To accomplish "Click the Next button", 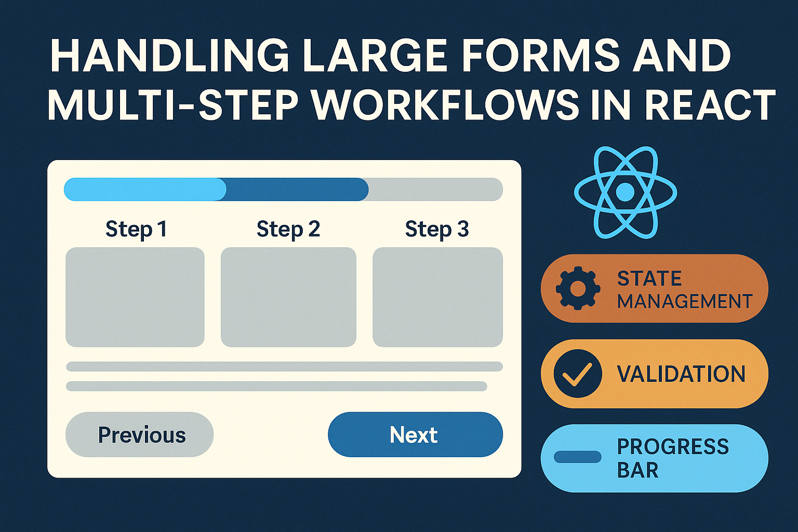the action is pos(416,434).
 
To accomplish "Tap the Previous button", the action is pos(140,434).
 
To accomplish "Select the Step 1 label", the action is pos(136,229).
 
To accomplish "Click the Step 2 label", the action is pos(288,229).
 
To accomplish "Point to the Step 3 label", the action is pos(437,229).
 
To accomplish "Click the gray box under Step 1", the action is pos(135,297).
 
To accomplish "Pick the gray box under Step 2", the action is pos(288,297).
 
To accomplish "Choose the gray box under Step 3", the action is pos(438,297).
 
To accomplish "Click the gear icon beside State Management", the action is pos(578,288).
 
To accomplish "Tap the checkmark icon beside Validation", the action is pos(578,374).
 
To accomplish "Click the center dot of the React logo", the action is pos(625,192).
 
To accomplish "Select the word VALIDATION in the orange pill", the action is pos(681,374).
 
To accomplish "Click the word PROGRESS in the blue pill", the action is pos(673,447).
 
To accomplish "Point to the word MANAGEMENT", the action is pos(685,301).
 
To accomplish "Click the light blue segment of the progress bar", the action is pos(145,189).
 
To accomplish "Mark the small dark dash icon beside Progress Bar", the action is pos(578,457).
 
